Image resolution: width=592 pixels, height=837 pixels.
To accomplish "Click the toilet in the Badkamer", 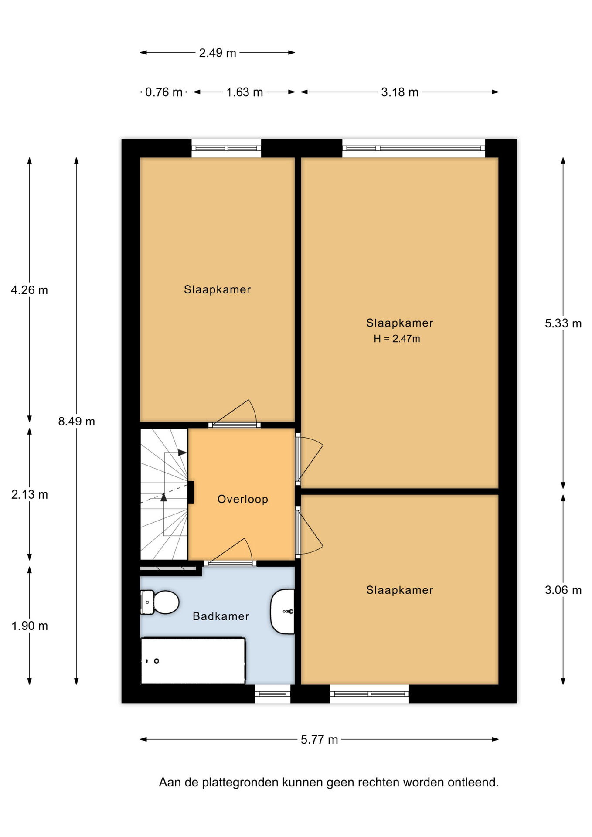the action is click(x=160, y=602).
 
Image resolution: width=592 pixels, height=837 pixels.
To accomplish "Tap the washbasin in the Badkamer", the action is click(x=282, y=611).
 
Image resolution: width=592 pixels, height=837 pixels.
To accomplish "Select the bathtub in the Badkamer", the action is click(x=193, y=661).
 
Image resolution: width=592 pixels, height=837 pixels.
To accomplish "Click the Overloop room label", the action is click(x=243, y=499).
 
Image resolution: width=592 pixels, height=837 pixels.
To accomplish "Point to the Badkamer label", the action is click(x=221, y=616).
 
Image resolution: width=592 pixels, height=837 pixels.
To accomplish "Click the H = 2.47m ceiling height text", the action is click(x=397, y=339).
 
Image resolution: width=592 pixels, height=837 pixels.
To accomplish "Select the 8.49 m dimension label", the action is click(x=77, y=421).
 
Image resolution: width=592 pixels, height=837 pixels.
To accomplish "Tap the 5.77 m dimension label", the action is click(x=320, y=740).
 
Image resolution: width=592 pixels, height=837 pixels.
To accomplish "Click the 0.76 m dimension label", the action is click(x=163, y=92).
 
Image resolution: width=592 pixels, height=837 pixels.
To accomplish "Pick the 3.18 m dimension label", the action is click(x=400, y=92).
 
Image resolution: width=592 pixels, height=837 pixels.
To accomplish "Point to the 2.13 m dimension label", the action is click(x=30, y=494).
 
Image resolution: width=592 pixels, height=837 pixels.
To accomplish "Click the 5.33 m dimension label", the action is click(x=563, y=323).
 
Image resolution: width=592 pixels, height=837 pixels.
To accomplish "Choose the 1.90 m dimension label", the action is click(x=30, y=626).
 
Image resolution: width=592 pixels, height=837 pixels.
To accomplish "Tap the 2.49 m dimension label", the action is click(x=218, y=53).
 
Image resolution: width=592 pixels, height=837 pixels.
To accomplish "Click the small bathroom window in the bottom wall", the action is click(x=272, y=694).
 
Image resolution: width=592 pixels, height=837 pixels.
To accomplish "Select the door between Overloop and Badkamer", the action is click(x=230, y=553).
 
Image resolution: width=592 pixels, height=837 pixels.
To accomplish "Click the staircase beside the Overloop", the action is click(x=164, y=494).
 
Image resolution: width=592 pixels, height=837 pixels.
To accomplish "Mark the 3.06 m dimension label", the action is click(x=563, y=590).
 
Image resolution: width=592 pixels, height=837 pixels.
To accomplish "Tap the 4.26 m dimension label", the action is click(x=30, y=290).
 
